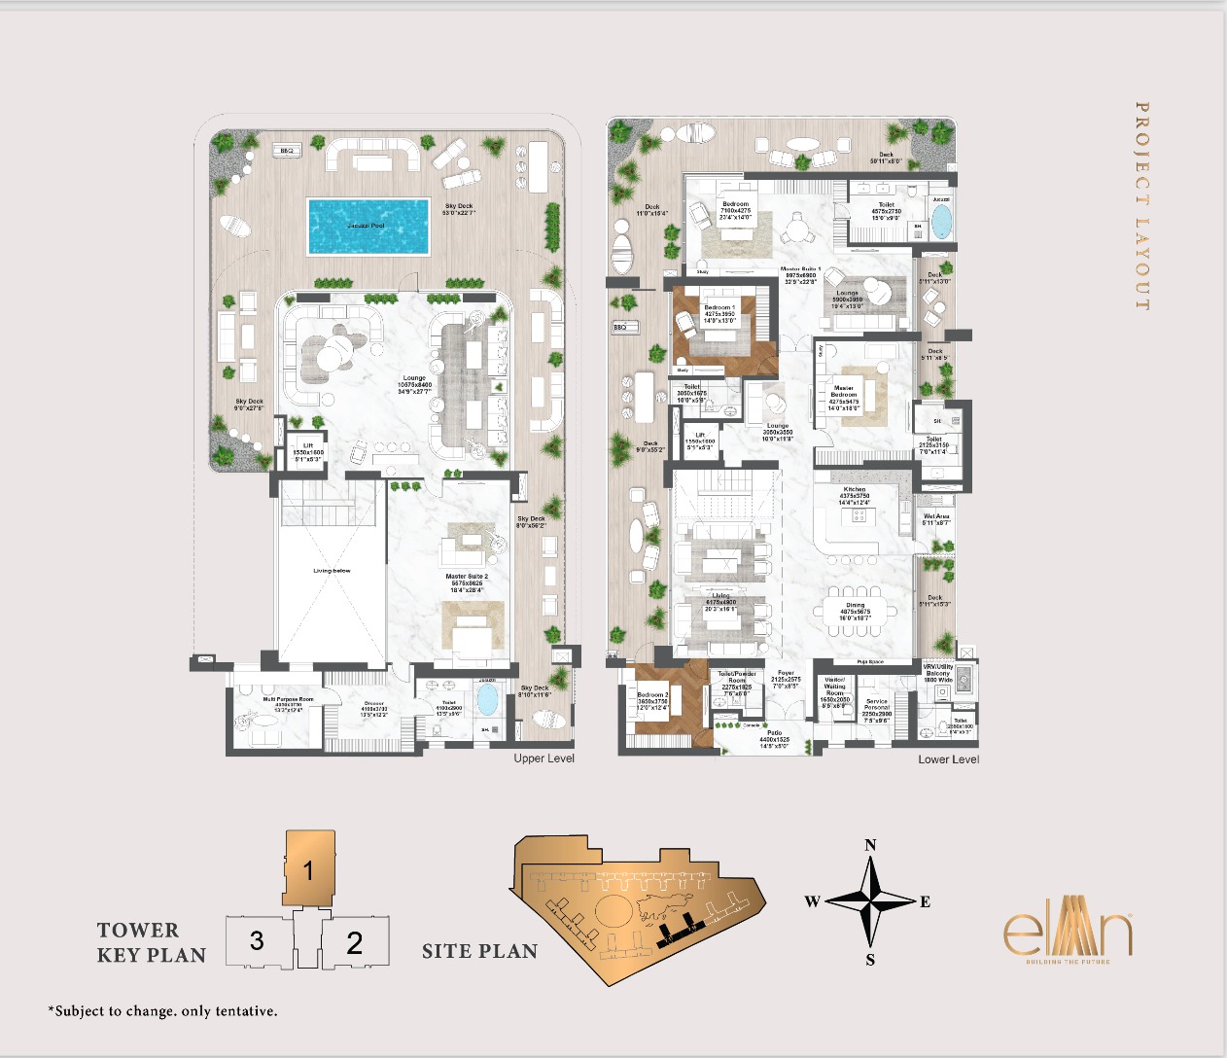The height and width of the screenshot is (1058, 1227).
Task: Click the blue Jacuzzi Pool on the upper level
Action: [x=368, y=227]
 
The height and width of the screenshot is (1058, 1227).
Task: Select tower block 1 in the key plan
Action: [x=309, y=868]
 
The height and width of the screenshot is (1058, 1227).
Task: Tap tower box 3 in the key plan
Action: [x=257, y=940]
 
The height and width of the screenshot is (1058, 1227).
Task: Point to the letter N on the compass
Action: [x=870, y=845]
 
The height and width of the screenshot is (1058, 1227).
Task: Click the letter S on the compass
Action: [x=870, y=960]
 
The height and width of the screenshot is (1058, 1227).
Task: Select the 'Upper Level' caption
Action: [x=543, y=758]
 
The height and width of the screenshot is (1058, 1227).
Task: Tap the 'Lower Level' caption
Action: [x=948, y=759]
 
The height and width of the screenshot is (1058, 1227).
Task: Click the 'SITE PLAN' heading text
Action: [x=479, y=952]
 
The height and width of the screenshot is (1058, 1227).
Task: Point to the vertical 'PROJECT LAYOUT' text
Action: [x=1142, y=206]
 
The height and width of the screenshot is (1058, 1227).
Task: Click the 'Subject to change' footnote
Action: [x=162, y=1011]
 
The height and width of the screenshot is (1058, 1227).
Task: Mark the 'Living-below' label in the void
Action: [x=332, y=571]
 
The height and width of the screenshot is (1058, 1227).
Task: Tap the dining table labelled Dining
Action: [x=855, y=612]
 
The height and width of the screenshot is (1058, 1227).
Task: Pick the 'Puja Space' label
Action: [x=870, y=662]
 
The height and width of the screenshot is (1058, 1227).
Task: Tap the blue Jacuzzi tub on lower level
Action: [x=941, y=221]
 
